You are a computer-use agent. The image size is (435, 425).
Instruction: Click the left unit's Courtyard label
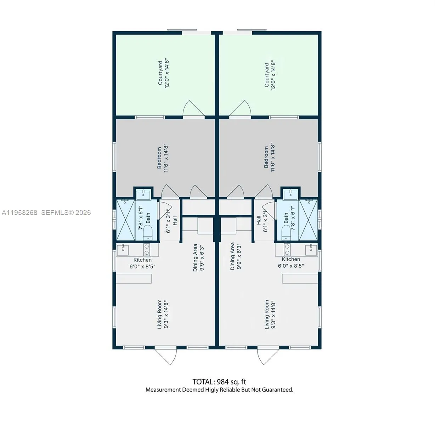coord(163,74)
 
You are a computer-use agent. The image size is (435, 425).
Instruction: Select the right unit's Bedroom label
coord(269,157)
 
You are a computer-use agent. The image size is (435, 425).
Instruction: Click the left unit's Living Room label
coord(163,314)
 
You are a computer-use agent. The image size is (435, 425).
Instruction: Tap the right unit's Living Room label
coord(270,314)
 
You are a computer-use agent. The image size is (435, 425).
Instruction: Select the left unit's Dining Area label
coord(198,257)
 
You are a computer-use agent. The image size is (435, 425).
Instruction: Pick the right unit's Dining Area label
coord(236,256)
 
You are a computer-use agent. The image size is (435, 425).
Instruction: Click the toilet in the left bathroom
coord(148,232)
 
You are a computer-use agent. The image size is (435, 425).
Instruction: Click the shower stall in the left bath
coord(125,220)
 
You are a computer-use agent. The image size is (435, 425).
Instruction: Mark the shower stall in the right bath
coord(309,220)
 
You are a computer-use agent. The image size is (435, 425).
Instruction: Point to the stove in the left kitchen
coord(147,250)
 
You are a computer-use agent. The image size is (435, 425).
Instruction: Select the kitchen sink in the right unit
coord(311,249)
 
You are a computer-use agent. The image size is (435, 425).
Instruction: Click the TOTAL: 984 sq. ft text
coord(219,382)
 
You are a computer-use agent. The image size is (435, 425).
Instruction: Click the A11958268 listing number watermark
coord(19,212)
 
